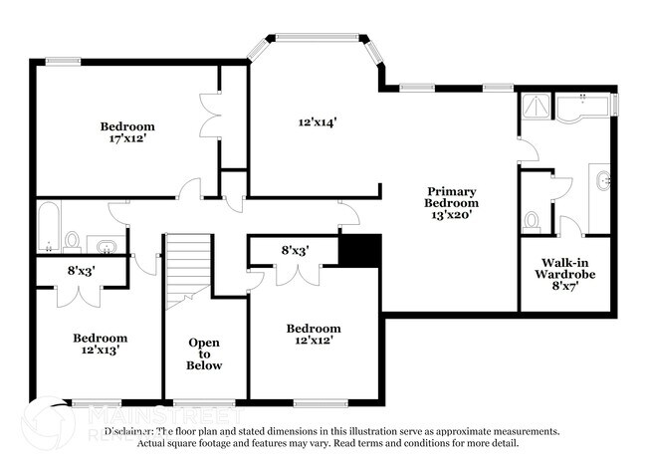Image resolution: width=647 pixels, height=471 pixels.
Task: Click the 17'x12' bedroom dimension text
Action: pyautogui.click(x=128, y=139)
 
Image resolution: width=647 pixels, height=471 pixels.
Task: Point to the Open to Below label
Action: pyautogui.click(x=204, y=353)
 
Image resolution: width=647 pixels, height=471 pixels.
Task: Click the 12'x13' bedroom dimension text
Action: pyautogui.click(x=99, y=351)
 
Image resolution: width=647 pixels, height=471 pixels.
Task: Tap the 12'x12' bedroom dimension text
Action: pyautogui.click(x=313, y=341)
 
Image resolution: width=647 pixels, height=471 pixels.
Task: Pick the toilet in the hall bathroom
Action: pyautogui.click(x=72, y=241)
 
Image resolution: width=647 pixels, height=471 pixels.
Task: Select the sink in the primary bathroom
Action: pyautogui.click(x=603, y=183)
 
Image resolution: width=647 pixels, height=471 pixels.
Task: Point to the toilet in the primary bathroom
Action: pyautogui.click(x=532, y=219)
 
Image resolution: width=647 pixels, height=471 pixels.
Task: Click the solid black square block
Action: pyautogui.click(x=359, y=250)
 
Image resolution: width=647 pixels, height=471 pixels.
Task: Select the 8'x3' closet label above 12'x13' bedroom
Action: pyautogui.click(x=81, y=270)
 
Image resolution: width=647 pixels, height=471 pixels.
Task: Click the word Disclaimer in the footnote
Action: pyautogui.click(x=133, y=431)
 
